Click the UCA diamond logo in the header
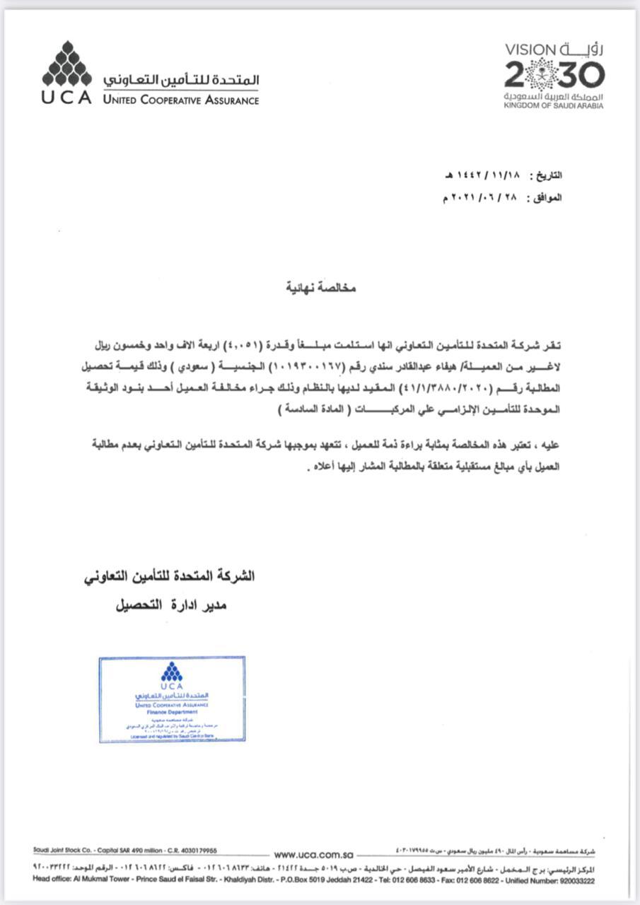(66, 64)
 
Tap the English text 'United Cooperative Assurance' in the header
(180, 100)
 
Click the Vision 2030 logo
(554, 74)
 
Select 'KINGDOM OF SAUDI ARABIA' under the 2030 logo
(554, 106)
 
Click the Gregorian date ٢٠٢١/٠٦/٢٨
(481, 198)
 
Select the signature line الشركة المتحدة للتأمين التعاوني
(168, 576)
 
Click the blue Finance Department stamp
(172, 699)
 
